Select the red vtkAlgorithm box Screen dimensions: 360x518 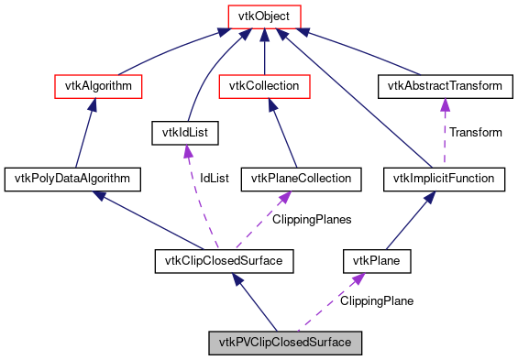click(x=99, y=87)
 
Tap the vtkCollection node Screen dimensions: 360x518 click(x=264, y=87)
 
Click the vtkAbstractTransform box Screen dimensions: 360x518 click(x=444, y=87)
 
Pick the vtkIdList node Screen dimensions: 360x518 click(x=186, y=134)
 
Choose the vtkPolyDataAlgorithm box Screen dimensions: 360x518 click(x=72, y=178)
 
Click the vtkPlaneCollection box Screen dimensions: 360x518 click(x=295, y=178)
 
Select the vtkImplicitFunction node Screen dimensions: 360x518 click(x=444, y=178)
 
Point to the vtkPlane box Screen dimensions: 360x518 click(x=376, y=262)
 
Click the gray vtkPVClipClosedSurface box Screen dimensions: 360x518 click(x=285, y=344)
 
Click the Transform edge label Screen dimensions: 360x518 click(x=475, y=133)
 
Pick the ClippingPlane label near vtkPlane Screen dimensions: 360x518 click(x=377, y=300)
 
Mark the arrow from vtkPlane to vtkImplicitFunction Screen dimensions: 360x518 click(x=411, y=220)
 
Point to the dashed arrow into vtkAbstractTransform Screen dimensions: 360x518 click(x=445, y=128)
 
